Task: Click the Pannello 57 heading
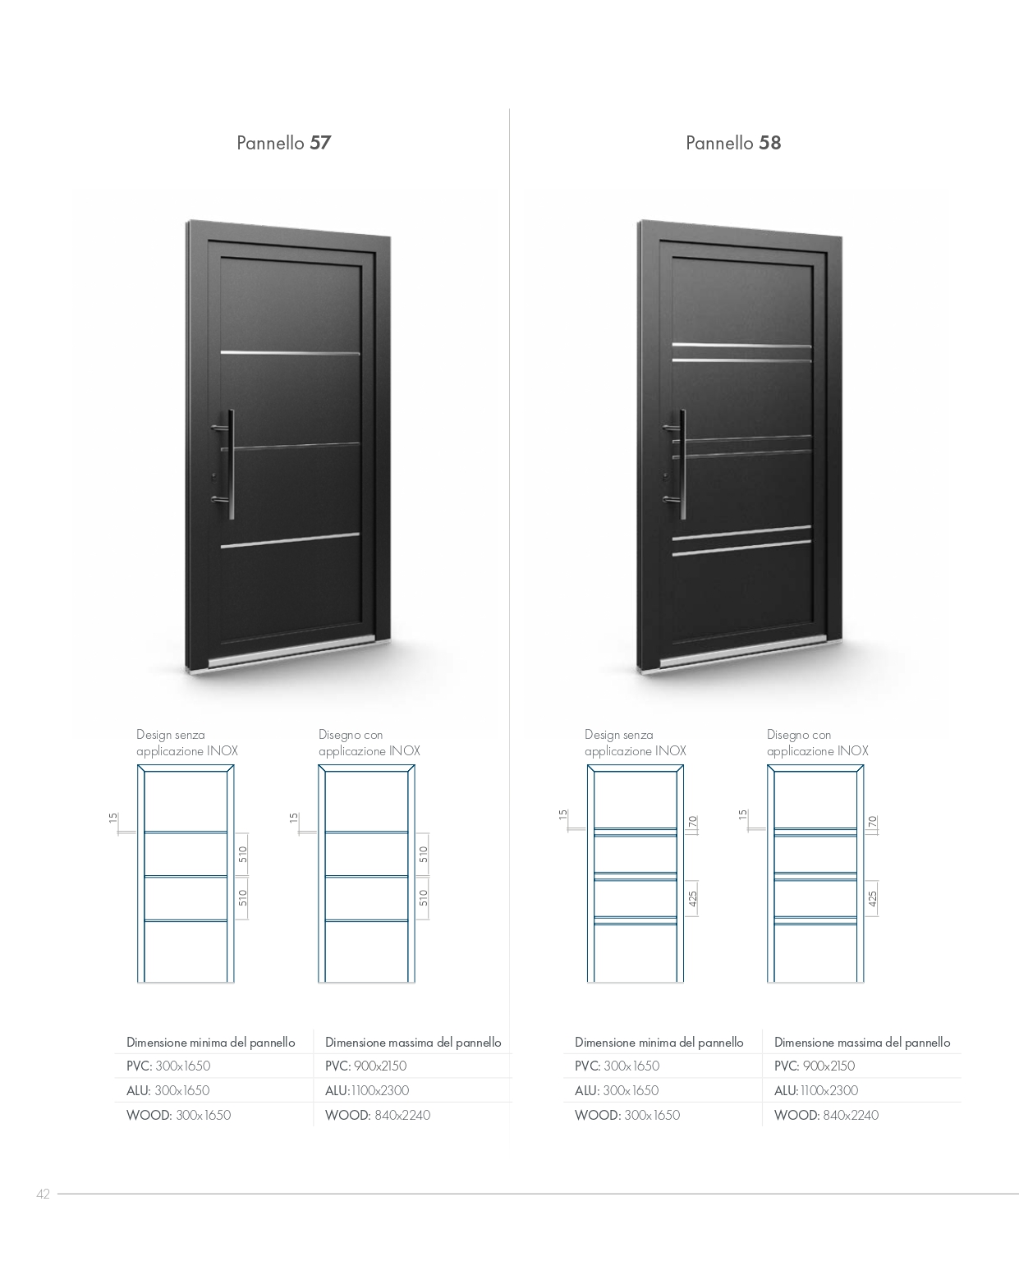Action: (x=283, y=143)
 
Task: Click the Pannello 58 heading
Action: (x=733, y=143)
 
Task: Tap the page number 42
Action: (x=44, y=1194)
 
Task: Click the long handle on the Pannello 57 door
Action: (x=231, y=464)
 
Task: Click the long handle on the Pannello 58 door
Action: (x=682, y=464)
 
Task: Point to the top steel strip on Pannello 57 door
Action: (x=290, y=353)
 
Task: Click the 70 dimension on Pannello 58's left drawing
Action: (x=692, y=822)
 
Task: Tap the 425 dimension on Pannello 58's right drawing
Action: (x=872, y=898)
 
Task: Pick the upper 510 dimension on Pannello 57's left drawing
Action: (x=242, y=855)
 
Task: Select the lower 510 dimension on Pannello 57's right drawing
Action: (x=423, y=898)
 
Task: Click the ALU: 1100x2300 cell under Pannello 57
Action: (x=367, y=1090)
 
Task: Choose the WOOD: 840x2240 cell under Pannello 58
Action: (x=826, y=1116)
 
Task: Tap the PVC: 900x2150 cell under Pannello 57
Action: (x=366, y=1066)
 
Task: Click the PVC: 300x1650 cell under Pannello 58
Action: (x=617, y=1066)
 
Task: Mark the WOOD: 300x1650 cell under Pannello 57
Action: (x=179, y=1116)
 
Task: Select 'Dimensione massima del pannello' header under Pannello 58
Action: (x=862, y=1043)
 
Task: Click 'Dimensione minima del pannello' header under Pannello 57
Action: (x=211, y=1043)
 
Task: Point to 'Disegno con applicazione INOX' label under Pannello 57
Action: (x=370, y=742)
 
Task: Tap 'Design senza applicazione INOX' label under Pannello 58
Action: (x=636, y=742)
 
